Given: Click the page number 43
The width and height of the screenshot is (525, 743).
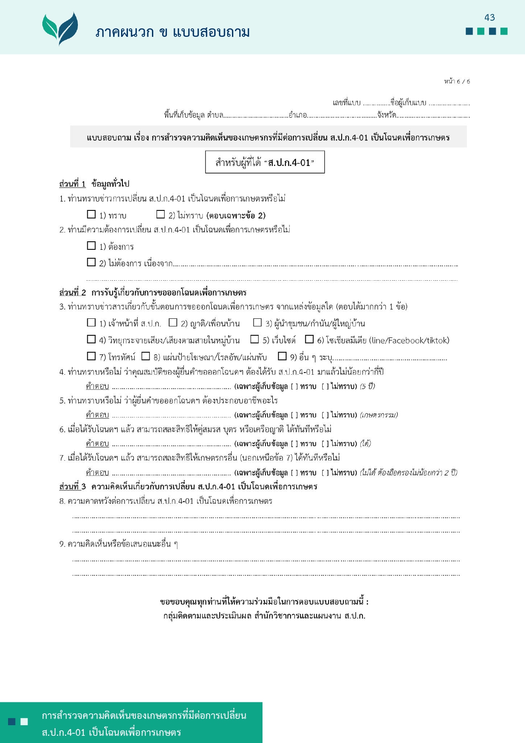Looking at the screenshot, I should click(489, 17).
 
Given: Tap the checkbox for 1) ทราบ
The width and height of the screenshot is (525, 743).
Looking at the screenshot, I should click(91, 214).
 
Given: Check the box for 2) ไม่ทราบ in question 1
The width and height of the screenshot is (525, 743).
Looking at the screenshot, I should click(160, 214).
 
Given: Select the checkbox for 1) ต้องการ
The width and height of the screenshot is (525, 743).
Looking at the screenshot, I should click(91, 246).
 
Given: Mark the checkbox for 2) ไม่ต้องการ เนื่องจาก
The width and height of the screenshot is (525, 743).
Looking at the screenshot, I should click(91, 262).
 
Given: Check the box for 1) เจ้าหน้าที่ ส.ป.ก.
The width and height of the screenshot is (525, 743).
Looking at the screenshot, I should click(91, 323).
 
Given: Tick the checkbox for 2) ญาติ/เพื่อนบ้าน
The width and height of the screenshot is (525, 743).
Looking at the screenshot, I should click(173, 323).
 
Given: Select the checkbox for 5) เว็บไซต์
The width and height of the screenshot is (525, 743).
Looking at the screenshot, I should click(254, 339).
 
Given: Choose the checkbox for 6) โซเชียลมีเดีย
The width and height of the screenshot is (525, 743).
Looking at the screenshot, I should click(309, 339).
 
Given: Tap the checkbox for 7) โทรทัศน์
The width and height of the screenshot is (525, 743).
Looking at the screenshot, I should click(91, 356).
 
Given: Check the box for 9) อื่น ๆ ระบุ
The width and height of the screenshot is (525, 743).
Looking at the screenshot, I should click(282, 356).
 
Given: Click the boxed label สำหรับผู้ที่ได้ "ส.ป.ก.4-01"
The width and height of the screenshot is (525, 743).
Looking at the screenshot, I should click(265, 162).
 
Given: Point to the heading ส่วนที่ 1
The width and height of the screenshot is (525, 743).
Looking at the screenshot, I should click(72, 184).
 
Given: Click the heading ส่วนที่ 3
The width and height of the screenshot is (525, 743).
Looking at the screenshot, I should click(72, 486).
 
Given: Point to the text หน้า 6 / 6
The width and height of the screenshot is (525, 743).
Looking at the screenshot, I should click(457, 81).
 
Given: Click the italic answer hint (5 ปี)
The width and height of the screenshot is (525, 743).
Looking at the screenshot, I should click(367, 386).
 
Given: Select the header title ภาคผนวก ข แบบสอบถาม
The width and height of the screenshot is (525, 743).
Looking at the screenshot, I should click(173, 32).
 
